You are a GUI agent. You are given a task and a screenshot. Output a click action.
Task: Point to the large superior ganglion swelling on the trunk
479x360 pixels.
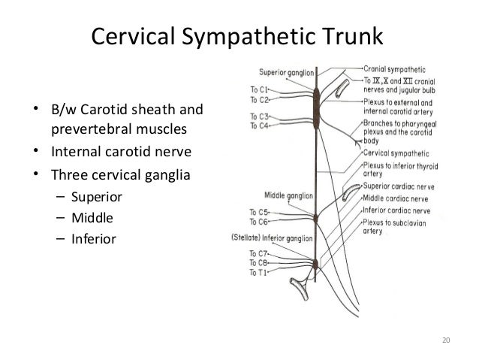pyautogui.click(x=316, y=107)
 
